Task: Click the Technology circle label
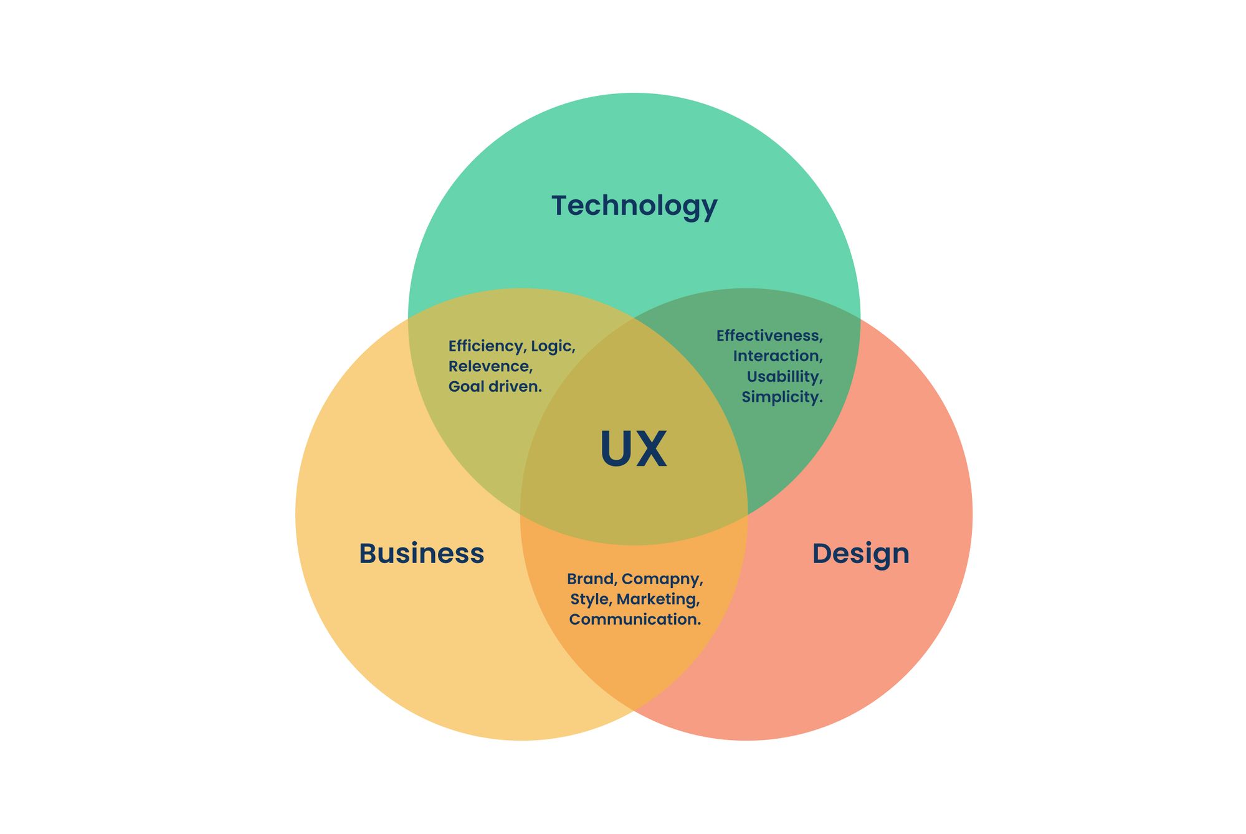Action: tap(634, 206)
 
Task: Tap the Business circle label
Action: tap(421, 554)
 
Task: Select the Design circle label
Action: tap(860, 554)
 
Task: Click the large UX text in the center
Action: tap(633, 449)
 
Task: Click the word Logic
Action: tap(553, 346)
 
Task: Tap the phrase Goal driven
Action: tap(495, 387)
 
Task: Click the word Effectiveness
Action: tap(769, 336)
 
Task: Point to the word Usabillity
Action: tap(784, 377)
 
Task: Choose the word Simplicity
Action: tap(782, 397)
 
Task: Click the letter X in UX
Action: tap(652, 449)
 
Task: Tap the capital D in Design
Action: tap(823, 553)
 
